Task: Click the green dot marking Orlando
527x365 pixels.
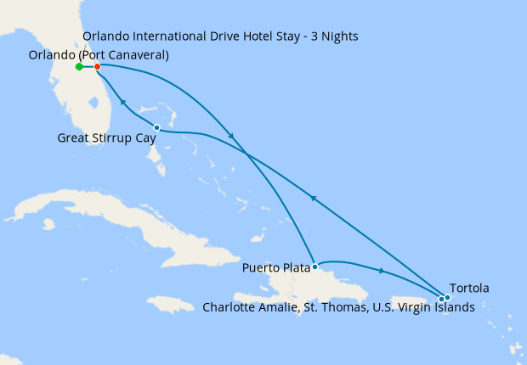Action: [79, 66]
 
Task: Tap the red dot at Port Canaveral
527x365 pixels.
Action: [98, 66]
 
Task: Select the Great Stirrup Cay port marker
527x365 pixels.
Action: [156, 128]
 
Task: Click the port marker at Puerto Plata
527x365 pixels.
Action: [314, 267]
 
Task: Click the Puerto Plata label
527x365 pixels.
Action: [275, 268]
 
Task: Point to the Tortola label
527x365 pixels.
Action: [468, 288]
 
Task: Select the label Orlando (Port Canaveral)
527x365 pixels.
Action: [99, 55]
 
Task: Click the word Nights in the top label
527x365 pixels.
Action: [338, 36]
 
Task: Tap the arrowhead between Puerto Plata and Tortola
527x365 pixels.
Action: [380, 271]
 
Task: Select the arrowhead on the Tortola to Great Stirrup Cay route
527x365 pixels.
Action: [313, 198]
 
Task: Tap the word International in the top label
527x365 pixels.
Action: [172, 36]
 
